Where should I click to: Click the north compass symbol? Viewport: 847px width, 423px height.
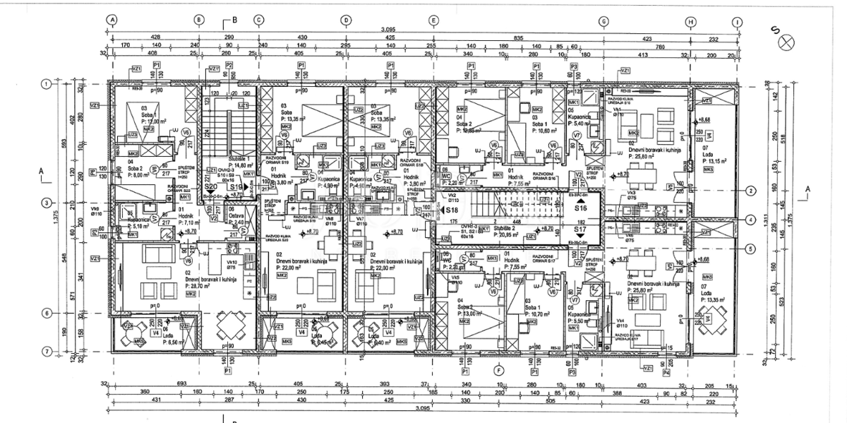click(783, 44)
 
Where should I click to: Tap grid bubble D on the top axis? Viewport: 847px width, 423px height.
click(346, 20)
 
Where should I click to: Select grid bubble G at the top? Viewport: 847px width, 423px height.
click(603, 20)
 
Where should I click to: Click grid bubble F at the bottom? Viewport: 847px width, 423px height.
click(498, 369)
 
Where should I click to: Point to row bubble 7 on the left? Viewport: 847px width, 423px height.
click(47, 350)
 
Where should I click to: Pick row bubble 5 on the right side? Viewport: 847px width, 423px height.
click(752, 248)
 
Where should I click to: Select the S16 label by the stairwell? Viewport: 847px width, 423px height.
click(581, 208)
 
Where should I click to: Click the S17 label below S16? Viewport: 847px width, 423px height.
click(581, 230)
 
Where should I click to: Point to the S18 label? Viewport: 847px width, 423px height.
click(452, 210)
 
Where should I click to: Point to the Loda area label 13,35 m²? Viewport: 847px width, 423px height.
click(716, 299)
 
